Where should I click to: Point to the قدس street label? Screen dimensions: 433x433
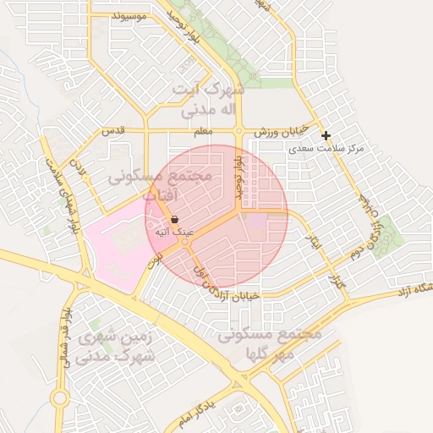[x=112, y=132]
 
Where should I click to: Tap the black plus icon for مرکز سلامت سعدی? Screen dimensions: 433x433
[x=326, y=135]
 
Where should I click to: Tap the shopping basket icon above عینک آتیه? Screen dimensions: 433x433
[x=173, y=219]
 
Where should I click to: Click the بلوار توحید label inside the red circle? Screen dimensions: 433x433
[x=240, y=173]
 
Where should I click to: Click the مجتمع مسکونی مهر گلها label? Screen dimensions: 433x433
[x=271, y=343]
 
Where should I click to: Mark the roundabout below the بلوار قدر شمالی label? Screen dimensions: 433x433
[x=59, y=398]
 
